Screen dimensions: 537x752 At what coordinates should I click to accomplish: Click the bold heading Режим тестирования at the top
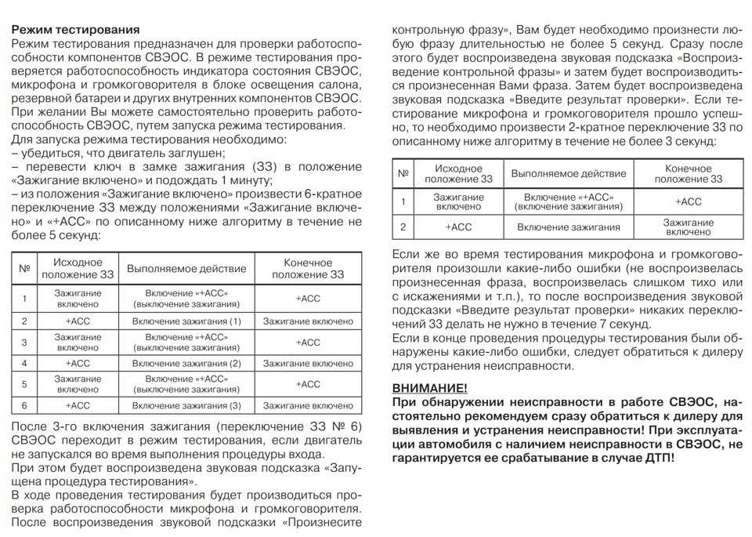coord(75,29)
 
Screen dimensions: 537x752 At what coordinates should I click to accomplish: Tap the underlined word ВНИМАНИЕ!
coord(430,388)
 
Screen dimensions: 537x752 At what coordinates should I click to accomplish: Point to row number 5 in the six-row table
coord(24,384)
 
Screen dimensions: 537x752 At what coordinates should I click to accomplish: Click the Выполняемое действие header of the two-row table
coord(569,173)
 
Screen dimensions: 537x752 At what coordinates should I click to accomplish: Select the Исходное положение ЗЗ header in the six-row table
coord(78,268)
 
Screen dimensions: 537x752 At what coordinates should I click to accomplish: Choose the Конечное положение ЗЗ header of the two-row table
coord(689,173)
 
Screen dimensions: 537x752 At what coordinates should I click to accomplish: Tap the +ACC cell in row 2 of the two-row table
coord(458,227)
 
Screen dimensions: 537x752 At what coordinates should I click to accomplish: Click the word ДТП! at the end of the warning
coord(656,457)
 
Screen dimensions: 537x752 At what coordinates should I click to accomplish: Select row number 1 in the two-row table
coord(403,201)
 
